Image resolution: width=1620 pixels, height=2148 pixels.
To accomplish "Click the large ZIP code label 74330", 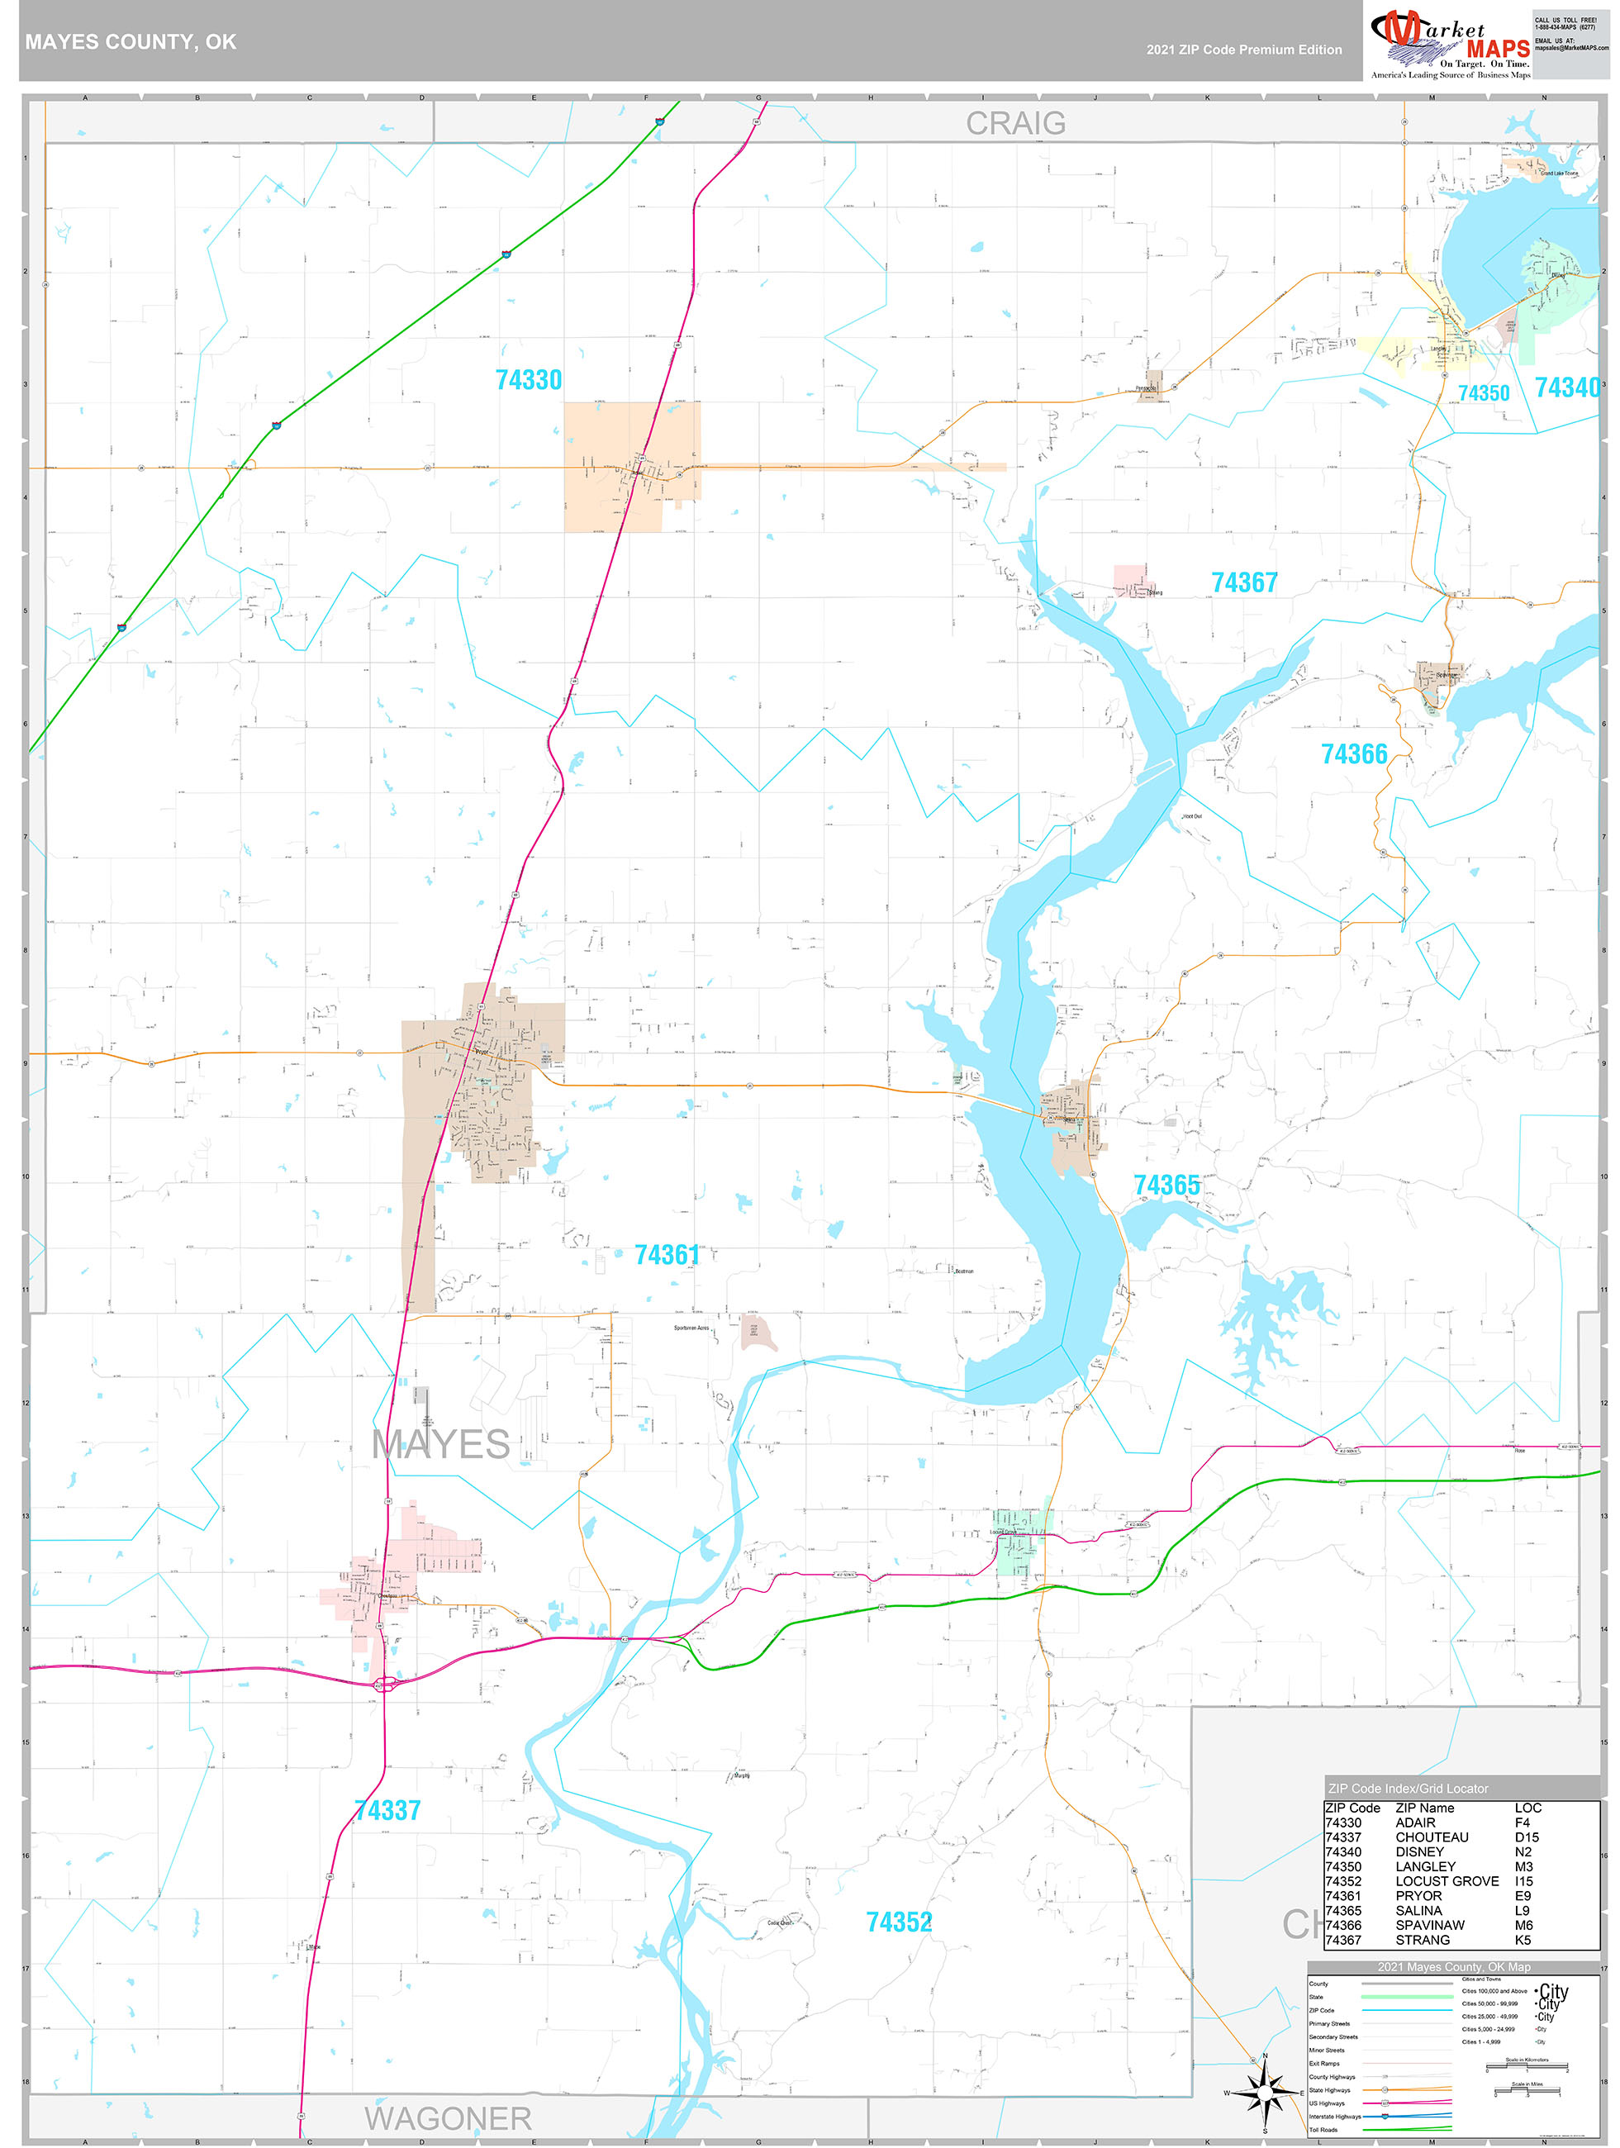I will (529, 380).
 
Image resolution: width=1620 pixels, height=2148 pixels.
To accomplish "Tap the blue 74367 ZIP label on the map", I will (1244, 582).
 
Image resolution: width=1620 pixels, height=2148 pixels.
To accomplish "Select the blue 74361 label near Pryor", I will (667, 1255).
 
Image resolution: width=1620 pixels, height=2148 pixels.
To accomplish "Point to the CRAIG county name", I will (1015, 123).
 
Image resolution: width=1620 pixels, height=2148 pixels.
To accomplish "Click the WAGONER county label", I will (448, 2118).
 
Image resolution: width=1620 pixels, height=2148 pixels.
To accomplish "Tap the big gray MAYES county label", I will (441, 1444).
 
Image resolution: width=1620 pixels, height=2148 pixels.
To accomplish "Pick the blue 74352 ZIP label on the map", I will (898, 1922).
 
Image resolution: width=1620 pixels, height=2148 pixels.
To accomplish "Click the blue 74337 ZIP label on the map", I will (387, 1810).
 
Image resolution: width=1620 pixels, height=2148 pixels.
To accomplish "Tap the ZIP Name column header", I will (1424, 1808).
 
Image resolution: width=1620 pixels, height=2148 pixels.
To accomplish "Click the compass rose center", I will (1264, 2092).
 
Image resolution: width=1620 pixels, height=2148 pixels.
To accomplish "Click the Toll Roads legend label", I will (1323, 2130).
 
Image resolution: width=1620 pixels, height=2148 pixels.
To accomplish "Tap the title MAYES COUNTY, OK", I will (131, 42).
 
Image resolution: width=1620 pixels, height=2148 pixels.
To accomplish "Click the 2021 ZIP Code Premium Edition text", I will (1243, 50).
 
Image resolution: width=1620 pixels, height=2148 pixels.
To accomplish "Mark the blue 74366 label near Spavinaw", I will (1353, 753).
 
